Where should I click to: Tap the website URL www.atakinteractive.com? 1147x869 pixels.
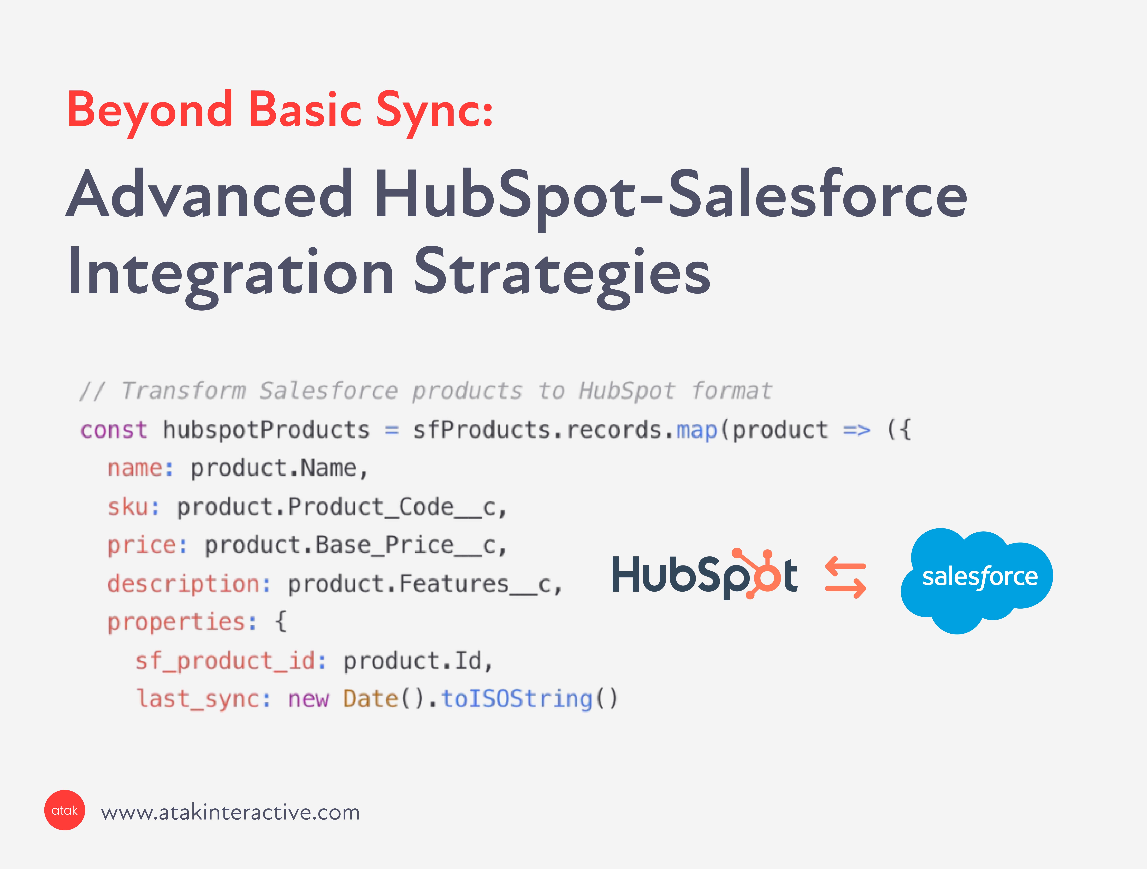230,812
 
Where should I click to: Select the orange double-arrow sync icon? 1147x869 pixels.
846,577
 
